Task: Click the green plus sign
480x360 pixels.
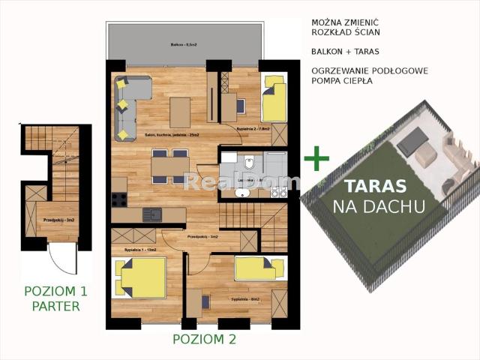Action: point(316,158)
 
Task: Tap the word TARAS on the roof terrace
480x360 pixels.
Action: point(375,187)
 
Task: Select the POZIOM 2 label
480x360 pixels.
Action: point(204,339)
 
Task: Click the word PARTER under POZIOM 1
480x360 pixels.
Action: point(56,306)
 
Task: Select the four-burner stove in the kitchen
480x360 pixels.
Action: point(119,199)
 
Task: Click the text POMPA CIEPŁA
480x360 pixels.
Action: point(341,81)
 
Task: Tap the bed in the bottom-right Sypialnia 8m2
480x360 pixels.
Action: point(259,268)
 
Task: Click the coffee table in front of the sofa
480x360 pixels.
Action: point(180,112)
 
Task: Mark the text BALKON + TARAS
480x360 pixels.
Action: point(345,52)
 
